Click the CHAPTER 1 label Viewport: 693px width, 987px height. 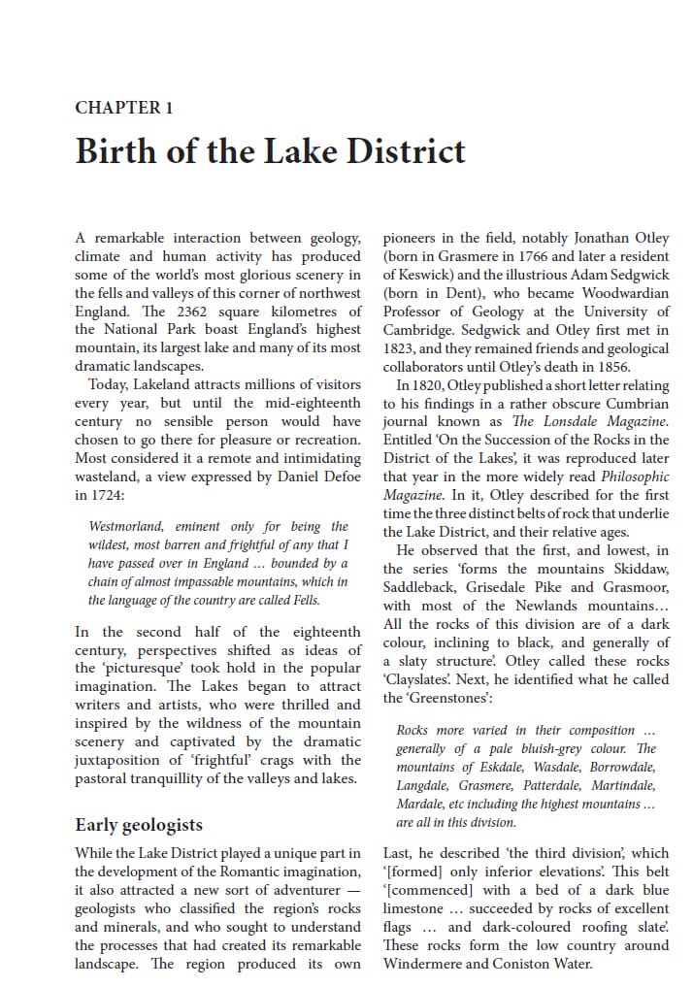[123, 108]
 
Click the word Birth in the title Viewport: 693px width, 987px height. [115, 152]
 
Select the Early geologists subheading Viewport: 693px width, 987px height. [139, 825]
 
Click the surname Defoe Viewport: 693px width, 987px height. [338, 477]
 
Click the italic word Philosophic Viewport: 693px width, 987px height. [635, 477]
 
